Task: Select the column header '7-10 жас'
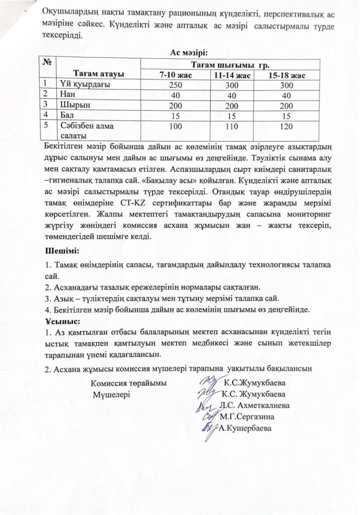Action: (x=175, y=74)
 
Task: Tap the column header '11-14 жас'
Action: (x=231, y=74)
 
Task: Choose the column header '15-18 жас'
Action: (x=286, y=74)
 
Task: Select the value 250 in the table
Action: (x=175, y=84)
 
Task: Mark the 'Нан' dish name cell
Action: (x=67, y=94)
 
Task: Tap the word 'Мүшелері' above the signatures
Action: (x=111, y=394)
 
